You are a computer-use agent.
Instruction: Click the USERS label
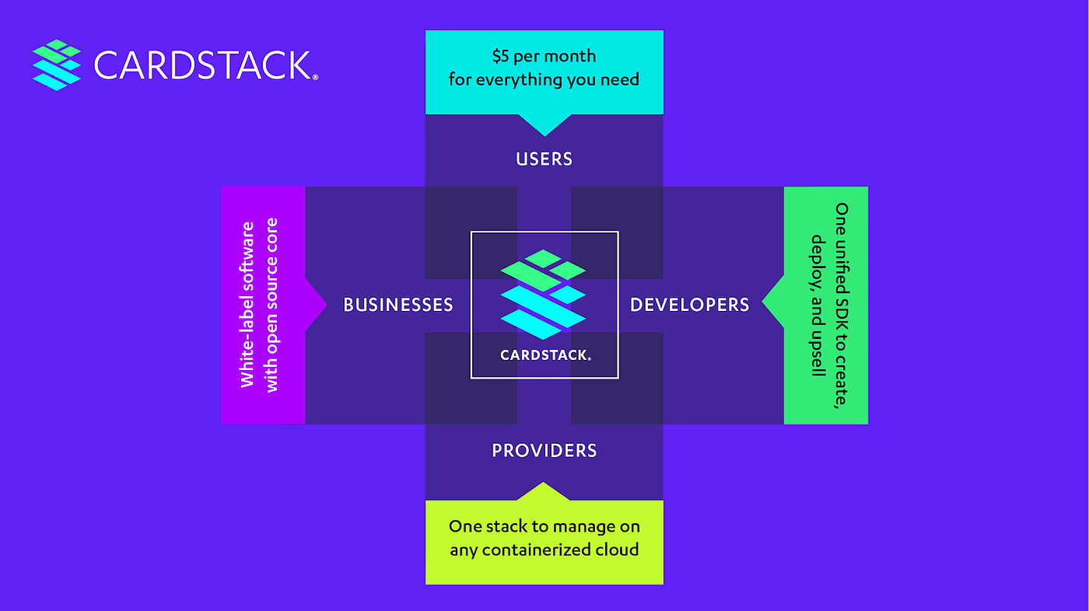tap(544, 159)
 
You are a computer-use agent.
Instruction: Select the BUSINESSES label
tap(398, 305)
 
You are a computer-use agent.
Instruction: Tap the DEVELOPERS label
tap(689, 305)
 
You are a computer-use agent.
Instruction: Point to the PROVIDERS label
tap(544, 451)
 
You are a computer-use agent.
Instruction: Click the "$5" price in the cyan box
tap(502, 56)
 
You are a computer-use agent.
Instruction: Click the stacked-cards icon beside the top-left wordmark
tap(57, 65)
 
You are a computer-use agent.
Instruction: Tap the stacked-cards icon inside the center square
tap(543, 294)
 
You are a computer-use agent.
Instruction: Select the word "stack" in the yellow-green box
tap(506, 526)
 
